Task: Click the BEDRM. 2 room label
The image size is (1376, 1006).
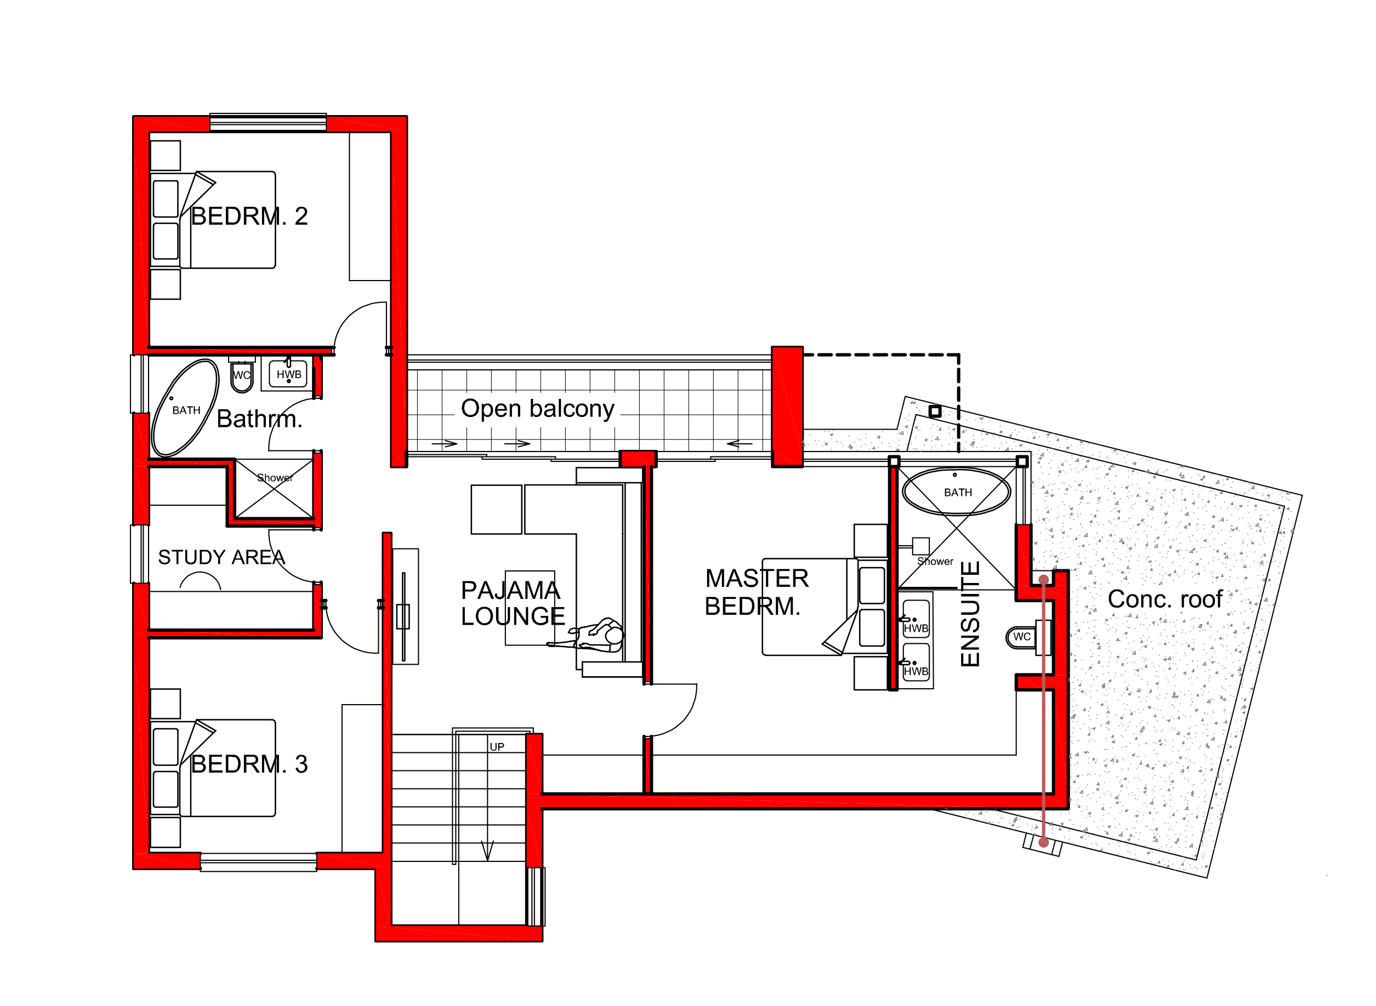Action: coord(249,216)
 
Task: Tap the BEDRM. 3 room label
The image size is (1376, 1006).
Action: coord(249,764)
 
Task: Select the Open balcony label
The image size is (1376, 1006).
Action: coord(537,409)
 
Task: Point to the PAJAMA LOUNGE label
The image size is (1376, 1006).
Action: coord(511,603)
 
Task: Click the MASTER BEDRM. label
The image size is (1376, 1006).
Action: coord(757,592)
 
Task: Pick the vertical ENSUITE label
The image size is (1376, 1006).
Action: coord(970,614)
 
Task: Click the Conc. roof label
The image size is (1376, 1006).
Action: coord(1164,599)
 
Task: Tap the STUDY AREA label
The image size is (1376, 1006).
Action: coord(221,557)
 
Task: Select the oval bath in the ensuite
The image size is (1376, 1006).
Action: coord(956,491)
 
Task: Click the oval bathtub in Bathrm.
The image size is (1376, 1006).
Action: coord(185,408)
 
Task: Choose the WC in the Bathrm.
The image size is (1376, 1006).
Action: coord(242,374)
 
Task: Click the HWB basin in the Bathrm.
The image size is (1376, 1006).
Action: coord(289,374)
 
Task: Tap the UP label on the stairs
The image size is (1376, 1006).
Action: coord(497,747)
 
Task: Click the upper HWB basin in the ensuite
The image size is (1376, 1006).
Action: coord(916,618)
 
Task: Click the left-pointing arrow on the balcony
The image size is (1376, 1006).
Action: coord(740,444)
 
